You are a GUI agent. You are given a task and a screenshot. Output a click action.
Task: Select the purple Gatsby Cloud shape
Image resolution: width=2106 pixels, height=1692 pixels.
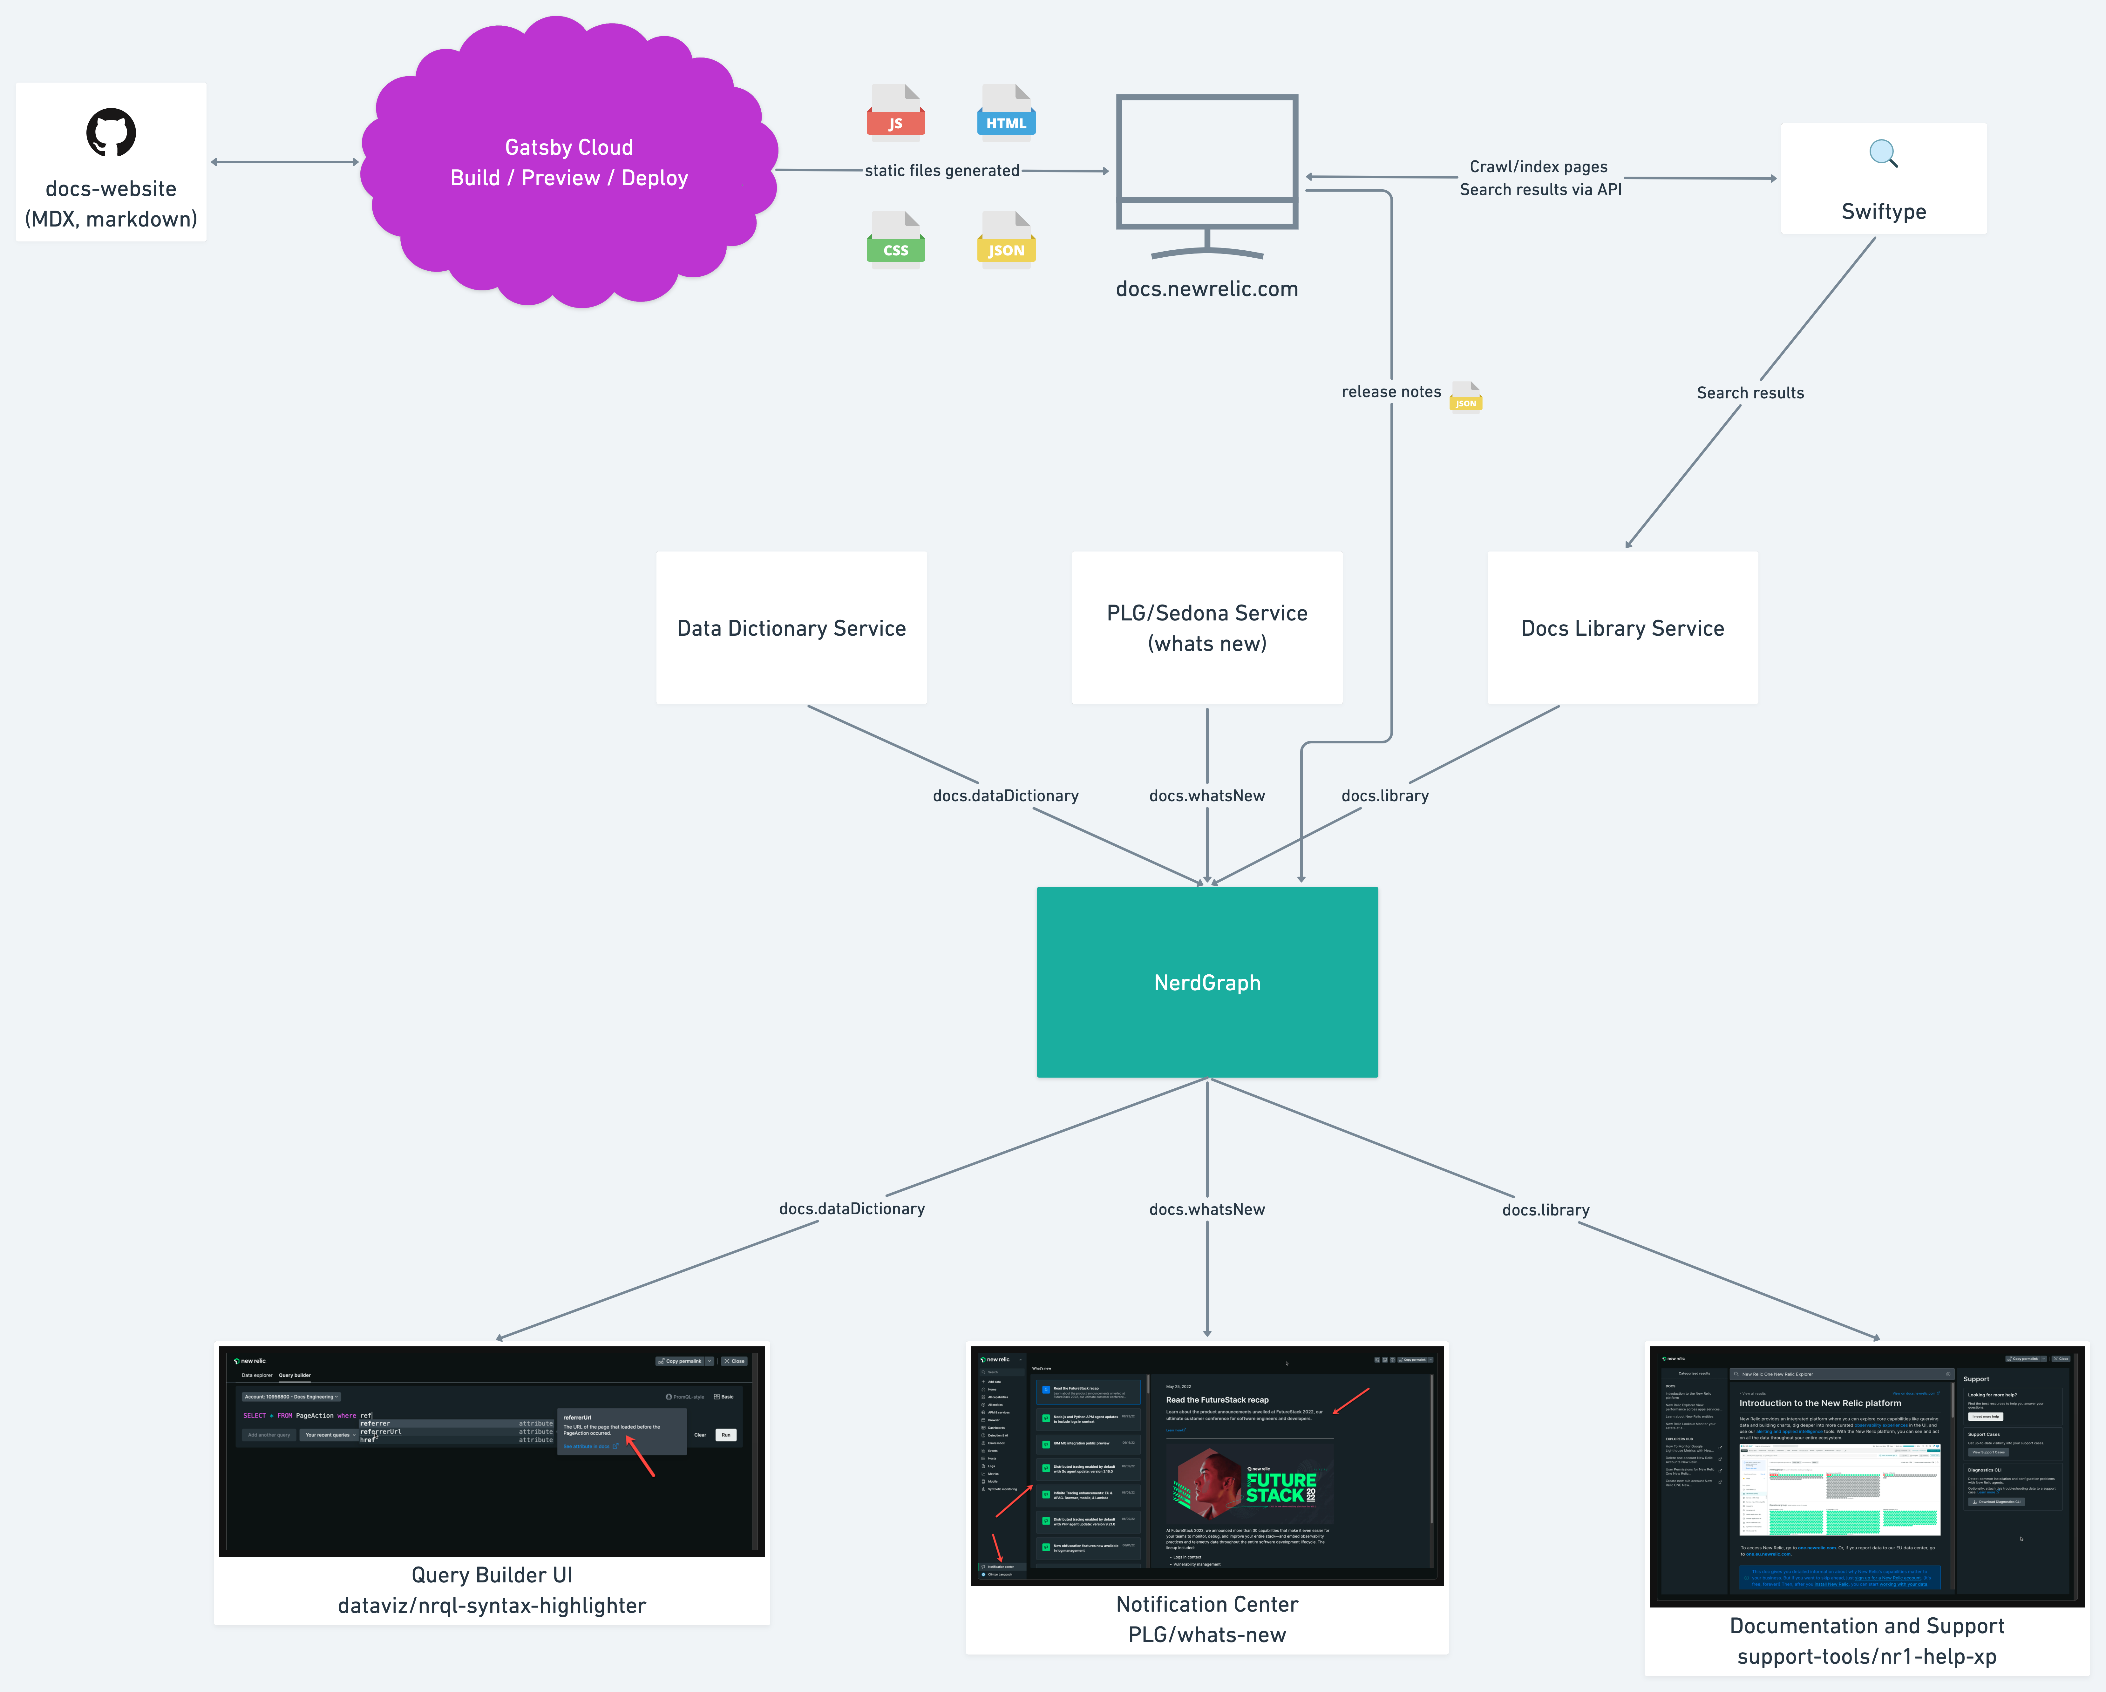point(568,162)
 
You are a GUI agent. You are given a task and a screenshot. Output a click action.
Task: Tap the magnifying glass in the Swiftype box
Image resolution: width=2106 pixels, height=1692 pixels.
point(1882,153)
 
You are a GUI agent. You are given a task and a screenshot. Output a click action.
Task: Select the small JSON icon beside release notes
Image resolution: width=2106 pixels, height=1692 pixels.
point(1465,398)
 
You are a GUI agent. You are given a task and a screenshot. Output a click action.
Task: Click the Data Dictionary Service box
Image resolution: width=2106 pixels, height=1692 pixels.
point(791,628)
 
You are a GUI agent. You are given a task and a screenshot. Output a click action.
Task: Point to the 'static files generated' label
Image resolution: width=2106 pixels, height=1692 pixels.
point(942,171)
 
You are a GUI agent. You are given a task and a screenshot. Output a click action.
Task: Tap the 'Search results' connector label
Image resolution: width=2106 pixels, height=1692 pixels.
point(1749,393)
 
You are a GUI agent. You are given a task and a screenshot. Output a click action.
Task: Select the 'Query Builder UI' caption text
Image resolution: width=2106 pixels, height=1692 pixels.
point(491,1575)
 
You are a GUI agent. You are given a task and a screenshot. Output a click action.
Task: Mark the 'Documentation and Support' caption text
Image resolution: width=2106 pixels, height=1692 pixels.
point(1866,1626)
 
